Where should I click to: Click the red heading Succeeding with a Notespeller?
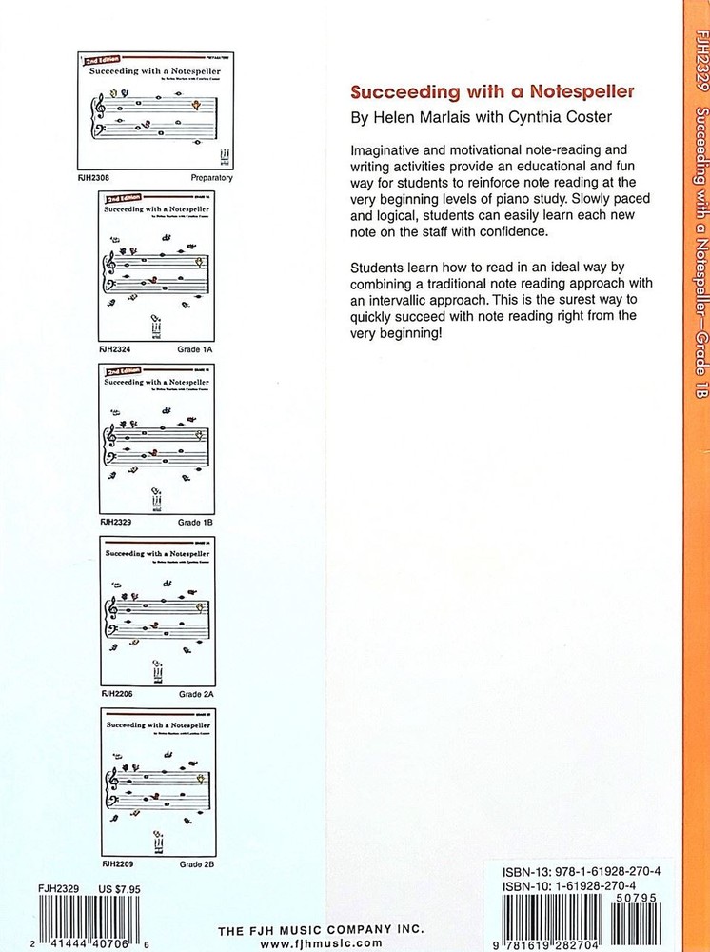(x=493, y=93)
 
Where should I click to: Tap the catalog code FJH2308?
(x=94, y=177)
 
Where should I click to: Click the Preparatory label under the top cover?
(x=210, y=177)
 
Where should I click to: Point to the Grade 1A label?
(x=196, y=349)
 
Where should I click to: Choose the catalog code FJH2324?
(x=117, y=349)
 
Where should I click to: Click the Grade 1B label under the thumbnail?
(x=196, y=523)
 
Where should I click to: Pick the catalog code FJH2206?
(x=117, y=695)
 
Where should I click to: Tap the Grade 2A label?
(x=196, y=695)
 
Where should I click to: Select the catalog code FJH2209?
(x=117, y=867)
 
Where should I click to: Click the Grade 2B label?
(x=196, y=867)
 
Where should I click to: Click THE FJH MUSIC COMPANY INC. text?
(x=321, y=930)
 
